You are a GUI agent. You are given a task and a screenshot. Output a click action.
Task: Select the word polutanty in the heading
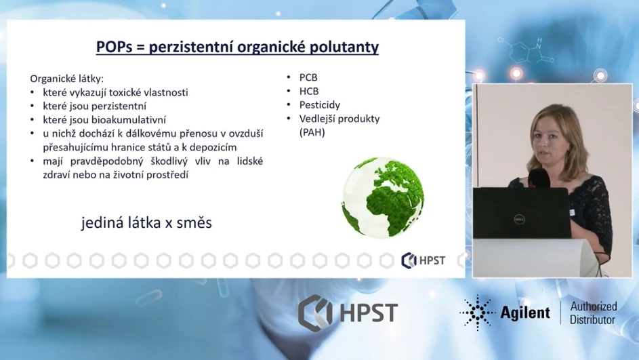click(345, 47)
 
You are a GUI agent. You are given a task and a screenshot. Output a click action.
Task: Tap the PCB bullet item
click(308, 77)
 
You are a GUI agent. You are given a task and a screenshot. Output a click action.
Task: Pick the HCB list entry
click(308, 92)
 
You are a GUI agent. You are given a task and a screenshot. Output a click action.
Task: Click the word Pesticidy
click(319, 105)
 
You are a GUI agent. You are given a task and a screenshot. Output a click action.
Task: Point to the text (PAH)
click(312, 133)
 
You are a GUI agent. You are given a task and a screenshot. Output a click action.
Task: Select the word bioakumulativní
click(131, 119)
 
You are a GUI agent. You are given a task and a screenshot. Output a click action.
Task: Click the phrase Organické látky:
click(66, 78)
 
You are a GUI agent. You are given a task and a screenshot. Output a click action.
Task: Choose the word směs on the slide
click(194, 222)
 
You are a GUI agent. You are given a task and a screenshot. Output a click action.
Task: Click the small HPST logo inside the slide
click(424, 260)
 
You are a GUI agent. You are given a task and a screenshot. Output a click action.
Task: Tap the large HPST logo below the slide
click(348, 312)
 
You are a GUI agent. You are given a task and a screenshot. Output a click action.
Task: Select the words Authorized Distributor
click(592, 313)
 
